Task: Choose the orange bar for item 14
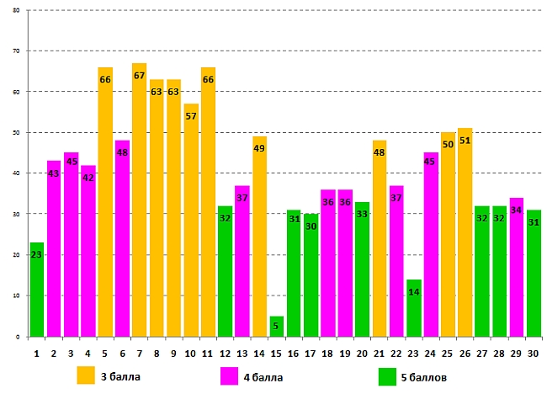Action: (x=259, y=237)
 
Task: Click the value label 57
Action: (x=190, y=116)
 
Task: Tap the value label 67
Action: (x=139, y=76)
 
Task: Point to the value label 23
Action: (x=36, y=255)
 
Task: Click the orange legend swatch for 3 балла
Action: (x=85, y=375)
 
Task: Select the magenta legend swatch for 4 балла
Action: (x=229, y=375)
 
